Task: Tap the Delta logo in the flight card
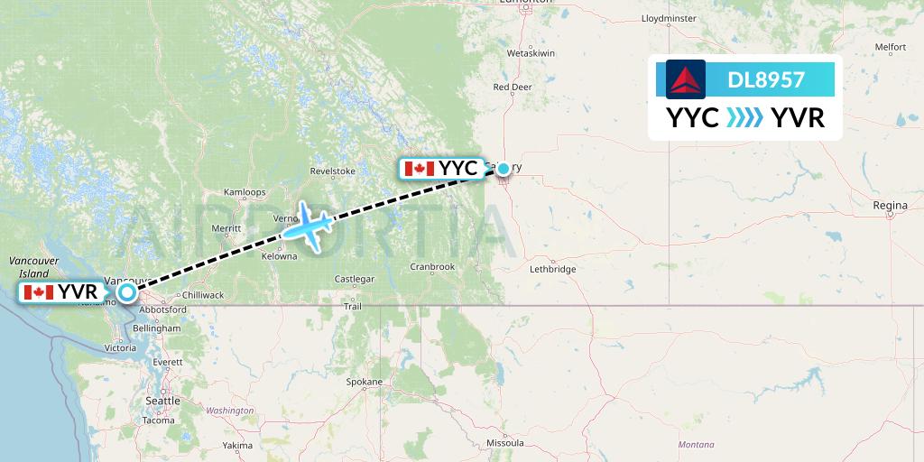(x=686, y=79)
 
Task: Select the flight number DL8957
(x=766, y=79)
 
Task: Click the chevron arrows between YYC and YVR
(x=744, y=118)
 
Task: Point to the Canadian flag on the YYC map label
(x=420, y=169)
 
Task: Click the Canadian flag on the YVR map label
(x=38, y=292)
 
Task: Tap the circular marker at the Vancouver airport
(x=126, y=291)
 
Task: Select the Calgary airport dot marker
(x=504, y=168)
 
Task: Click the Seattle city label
(x=163, y=401)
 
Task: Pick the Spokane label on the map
(x=365, y=383)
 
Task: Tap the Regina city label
(x=890, y=206)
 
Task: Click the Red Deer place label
(x=512, y=88)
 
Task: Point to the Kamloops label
(x=245, y=192)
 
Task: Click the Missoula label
(x=505, y=444)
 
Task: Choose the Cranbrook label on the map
(x=431, y=266)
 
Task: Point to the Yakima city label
(x=237, y=446)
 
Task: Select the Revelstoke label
(x=332, y=171)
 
